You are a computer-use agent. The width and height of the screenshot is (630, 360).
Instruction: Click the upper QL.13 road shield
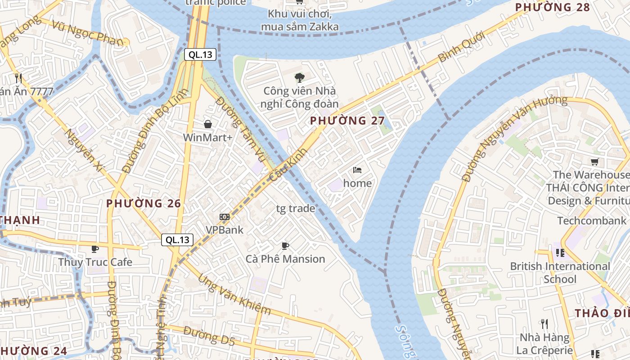coord(200,55)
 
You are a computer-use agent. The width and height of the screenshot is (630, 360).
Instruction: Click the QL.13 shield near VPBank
coord(177,240)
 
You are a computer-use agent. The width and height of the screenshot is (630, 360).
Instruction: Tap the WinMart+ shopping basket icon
coord(208,124)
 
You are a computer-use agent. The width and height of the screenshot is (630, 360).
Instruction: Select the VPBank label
coord(224,230)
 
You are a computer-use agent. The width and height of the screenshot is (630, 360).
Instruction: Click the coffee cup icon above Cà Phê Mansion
coord(285,246)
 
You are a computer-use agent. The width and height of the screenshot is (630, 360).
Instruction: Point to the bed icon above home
coord(357,170)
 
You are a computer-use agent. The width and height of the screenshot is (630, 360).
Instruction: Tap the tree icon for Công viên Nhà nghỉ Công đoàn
coord(300,78)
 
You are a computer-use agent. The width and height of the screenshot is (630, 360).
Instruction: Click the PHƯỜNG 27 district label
coord(347,121)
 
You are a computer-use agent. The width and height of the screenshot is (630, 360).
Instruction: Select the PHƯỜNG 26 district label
coord(144,203)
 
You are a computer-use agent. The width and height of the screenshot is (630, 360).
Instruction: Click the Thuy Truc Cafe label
coord(95,262)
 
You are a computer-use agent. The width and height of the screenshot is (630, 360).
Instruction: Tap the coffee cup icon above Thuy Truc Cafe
coord(95,249)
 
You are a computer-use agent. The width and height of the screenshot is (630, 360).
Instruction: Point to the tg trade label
coord(295,208)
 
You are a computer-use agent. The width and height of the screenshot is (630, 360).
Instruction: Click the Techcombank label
coord(592,220)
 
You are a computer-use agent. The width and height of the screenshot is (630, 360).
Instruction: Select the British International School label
coord(560,273)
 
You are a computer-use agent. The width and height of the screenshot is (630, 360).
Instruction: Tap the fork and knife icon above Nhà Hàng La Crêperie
coord(544,324)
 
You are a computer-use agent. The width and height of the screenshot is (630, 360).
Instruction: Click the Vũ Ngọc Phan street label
coord(87,33)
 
